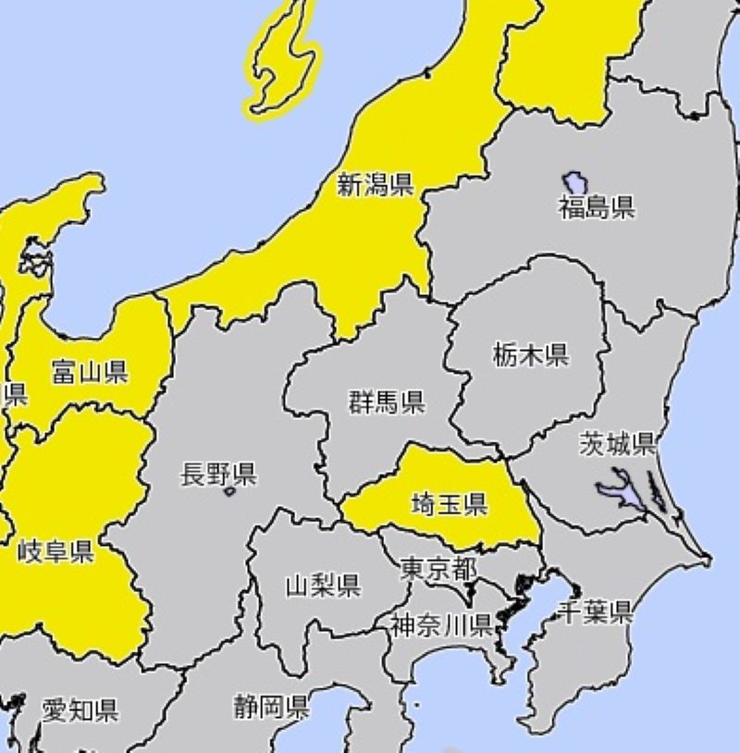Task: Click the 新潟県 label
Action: coord(374,185)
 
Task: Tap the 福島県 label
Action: coord(597,207)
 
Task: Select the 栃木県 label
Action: coord(530,354)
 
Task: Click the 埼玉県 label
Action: coord(450,504)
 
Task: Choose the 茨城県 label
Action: coord(618,444)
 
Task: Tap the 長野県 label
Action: coord(218,475)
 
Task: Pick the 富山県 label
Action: coord(90,372)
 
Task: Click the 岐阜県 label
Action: coord(55,553)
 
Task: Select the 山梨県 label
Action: coord(322,585)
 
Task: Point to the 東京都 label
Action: coord(438,568)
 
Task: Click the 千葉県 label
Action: coord(596,611)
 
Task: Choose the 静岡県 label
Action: coord(270,709)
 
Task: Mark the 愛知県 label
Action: coord(80,710)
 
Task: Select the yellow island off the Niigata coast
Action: coord(281,61)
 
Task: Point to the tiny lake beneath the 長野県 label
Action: coord(229,493)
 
